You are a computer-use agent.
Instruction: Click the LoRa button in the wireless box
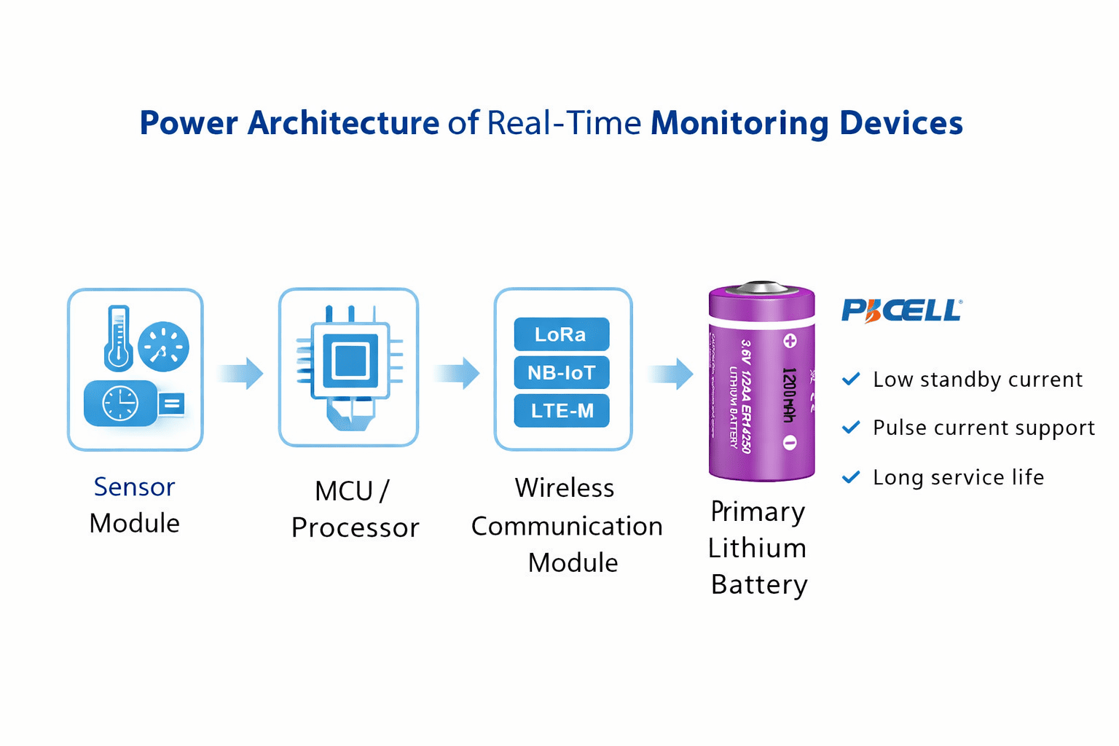(x=561, y=334)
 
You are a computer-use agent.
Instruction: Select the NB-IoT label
(x=561, y=373)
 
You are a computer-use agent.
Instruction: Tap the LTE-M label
(x=561, y=411)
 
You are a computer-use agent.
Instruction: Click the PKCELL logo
(x=901, y=310)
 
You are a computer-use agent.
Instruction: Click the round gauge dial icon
(x=164, y=347)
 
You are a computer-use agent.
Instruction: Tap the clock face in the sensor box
(x=120, y=404)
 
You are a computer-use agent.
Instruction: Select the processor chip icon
(x=350, y=361)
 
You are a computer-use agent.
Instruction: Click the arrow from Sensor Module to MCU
(x=241, y=374)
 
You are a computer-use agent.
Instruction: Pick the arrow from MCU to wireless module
(x=458, y=374)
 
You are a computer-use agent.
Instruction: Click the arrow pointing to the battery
(x=671, y=374)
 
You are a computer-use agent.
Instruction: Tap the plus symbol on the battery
(x=790, y=341)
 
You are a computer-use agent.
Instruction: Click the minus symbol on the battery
(x=790, y=442)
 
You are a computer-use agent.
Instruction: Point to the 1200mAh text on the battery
(x=788, y=394)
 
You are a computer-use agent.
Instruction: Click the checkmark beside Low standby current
(x=851, y=380)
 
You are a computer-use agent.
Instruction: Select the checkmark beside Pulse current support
(x=851, y=428)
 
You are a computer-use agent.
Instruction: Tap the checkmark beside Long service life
(x=851, y=477)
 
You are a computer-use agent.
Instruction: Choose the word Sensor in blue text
(x=134, y=487)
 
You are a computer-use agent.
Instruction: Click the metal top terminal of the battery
(x=761, y=288)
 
